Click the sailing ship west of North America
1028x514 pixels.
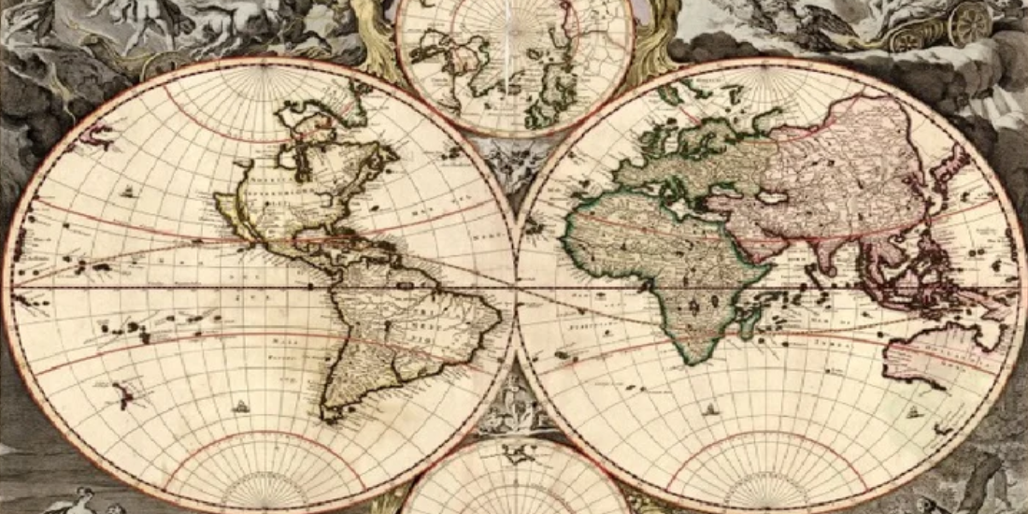pos(127,192)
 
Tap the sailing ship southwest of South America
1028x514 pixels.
pos(241,407)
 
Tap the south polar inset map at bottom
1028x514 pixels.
pos(515,481)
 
